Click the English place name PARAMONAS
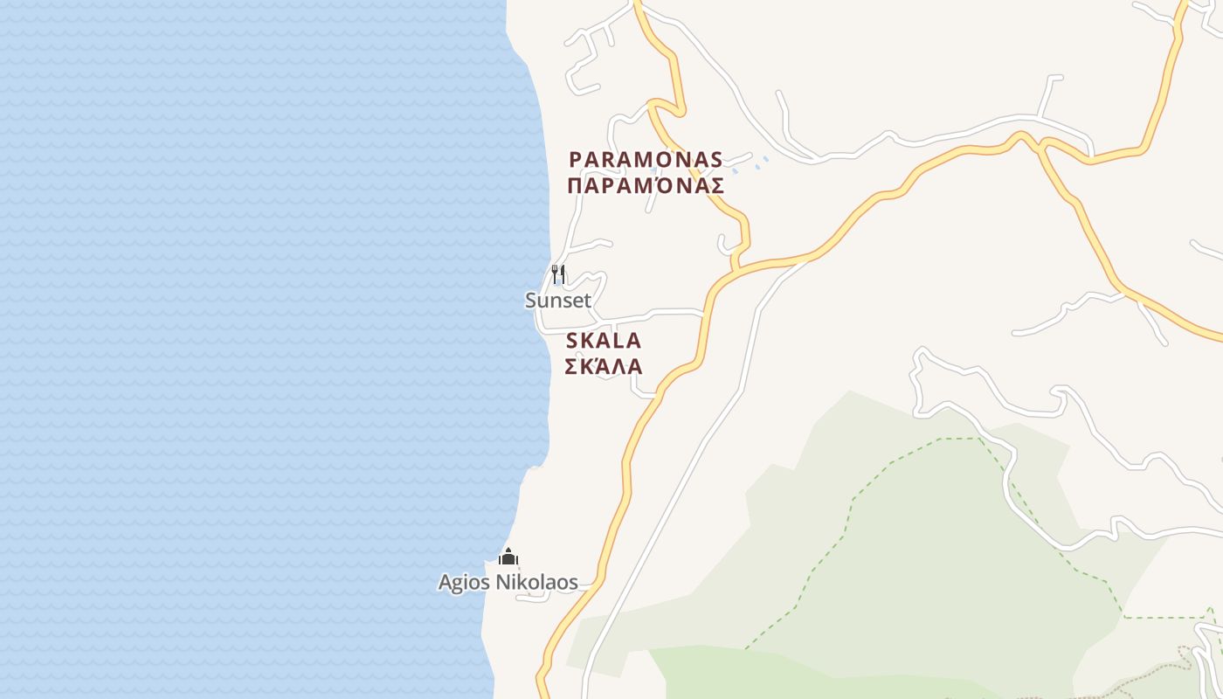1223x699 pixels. (x=646, y=160)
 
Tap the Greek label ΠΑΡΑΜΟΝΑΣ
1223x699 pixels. (x=646, y=186)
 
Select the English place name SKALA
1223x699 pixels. (x=604, y=340)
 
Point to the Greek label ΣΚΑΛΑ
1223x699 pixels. (x=604, y=366)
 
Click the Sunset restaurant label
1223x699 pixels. (x=558, y=301)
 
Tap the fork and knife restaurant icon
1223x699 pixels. (x=558, y=274)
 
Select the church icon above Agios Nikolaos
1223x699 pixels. (x=508, y=557)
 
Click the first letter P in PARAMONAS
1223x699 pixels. (x=575, y=160)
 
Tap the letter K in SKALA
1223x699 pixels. (x=587, y=340)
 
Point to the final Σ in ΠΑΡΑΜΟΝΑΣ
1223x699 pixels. (x=716, y=186)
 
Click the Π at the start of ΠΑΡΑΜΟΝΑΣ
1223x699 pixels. (x=575, y=186)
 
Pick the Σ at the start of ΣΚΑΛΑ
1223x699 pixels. (x=571, y=366)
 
